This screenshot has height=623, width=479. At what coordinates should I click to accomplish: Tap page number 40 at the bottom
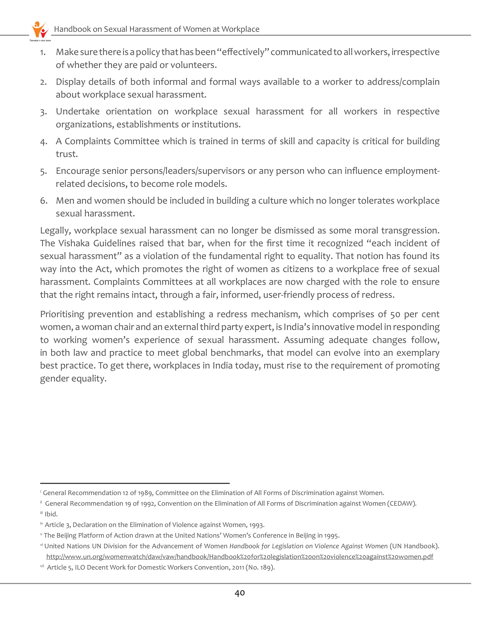tap(240, 593)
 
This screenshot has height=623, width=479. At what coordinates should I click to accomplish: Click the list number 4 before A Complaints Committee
tap(43, 142)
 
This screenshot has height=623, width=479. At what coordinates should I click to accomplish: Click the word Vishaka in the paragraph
tap(74, 243)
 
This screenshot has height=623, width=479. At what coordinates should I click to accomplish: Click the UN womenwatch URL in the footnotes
tap(239, 557)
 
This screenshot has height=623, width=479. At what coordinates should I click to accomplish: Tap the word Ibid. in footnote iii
tap(51, 514)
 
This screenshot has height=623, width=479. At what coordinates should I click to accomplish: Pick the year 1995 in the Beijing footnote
tap(332, 535)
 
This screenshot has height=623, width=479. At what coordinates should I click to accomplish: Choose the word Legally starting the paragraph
tap(56, 230)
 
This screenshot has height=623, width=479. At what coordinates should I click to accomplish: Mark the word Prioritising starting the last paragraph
tap(62, 314)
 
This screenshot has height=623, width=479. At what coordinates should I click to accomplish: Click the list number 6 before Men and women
tap(43, 201)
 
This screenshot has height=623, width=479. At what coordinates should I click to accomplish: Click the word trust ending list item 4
tap(66, 154)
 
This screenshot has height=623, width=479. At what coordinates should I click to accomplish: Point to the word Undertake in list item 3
tap(77, 112)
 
